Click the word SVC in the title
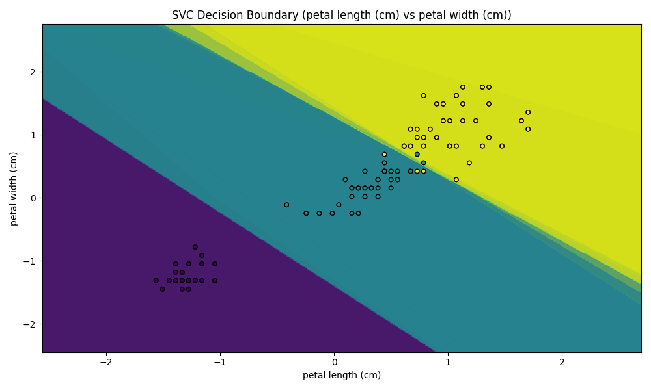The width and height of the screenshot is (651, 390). coord(183,15)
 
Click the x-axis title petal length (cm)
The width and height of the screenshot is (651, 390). coord(342,375)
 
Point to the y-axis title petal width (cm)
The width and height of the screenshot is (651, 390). coord(13,188)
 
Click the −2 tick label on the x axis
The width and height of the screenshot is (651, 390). coord(106,362)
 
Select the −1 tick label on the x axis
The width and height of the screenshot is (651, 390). coord(220,362)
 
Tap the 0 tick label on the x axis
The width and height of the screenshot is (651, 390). coord(334,362)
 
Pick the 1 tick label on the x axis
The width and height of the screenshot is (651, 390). coord(448,362)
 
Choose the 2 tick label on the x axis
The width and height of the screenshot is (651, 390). coord(562,362)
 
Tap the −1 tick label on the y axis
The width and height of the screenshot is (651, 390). coord(31,261)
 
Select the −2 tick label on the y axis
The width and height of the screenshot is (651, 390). coord(31,324)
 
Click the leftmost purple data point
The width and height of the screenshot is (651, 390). coord(156,281)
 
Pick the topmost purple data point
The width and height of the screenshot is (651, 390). coord(195,247)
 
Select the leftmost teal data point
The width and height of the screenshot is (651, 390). coord(286,205)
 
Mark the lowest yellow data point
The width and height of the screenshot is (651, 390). coord(456,179)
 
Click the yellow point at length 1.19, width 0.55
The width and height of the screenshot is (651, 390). coord(469,163)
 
